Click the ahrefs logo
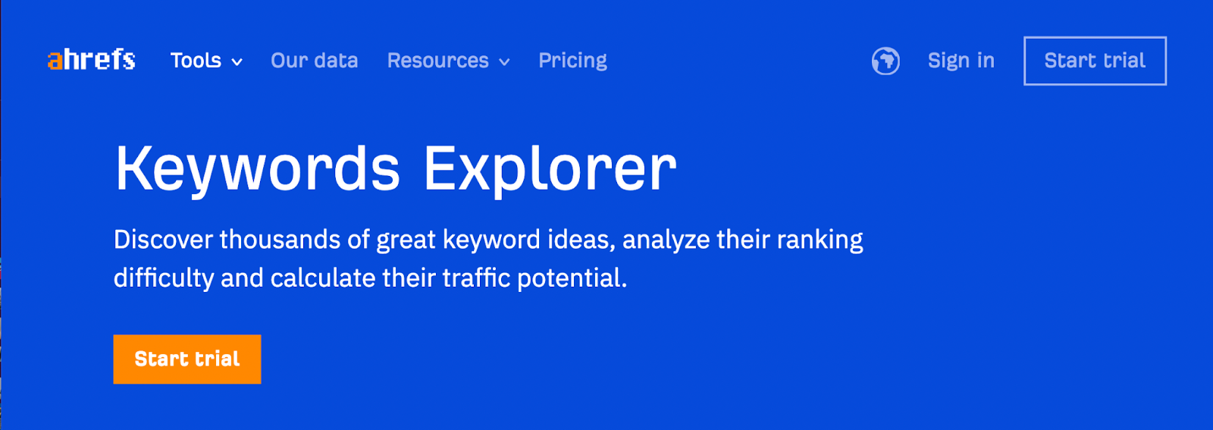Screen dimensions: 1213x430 91,60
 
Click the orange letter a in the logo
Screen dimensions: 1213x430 55,61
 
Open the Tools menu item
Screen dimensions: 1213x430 196,61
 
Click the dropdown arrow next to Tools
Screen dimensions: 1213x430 237,62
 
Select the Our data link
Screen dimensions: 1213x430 314,61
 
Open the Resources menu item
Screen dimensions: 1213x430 437,61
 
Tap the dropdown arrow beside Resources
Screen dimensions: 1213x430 504,62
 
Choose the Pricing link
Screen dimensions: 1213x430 572,61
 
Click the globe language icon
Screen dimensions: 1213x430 886,61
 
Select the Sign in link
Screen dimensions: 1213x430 961,61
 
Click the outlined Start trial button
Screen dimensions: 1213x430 1095,61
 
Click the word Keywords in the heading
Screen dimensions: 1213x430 258,170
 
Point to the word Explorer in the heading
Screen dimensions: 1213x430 550,170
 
